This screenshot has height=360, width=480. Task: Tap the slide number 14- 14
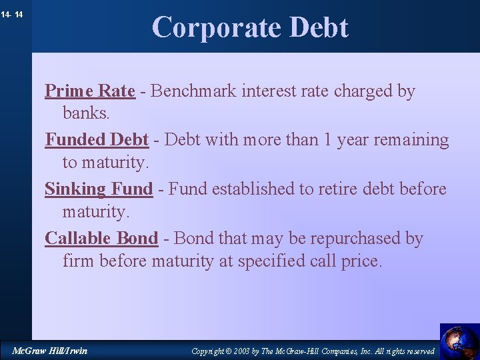(13, 14)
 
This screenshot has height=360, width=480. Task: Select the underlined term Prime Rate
(90, 91)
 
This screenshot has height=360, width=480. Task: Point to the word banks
(85, 113)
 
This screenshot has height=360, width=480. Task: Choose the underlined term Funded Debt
(97, 140)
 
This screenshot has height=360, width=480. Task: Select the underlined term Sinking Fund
(99, 189)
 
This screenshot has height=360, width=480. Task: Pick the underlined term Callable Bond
(101, 239)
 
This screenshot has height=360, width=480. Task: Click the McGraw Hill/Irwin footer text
(50, 351)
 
